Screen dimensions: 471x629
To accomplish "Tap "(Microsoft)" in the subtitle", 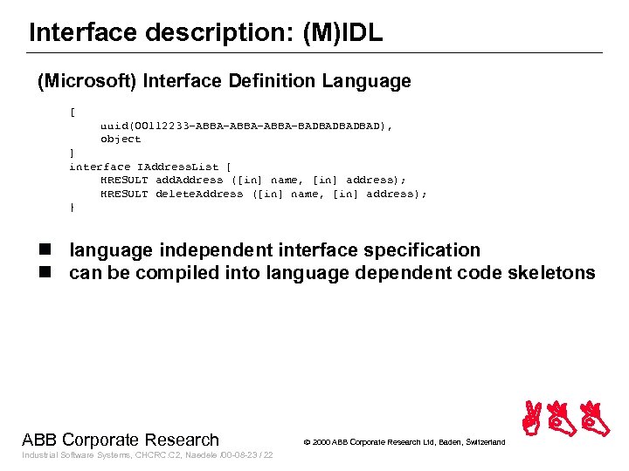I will pyautogui.click(x=86, y=82).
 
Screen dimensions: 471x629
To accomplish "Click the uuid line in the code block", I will pyautogui.click(x=245, y=126).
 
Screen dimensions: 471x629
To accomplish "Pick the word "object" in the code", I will pyautogui.click(x=120, y=140).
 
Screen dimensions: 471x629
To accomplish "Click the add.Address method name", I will pyautogui.click(x=189, y=181).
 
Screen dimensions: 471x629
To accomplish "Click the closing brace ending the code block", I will pyautogui.click(x=73, y=208).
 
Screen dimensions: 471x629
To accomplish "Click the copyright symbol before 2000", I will pyautogui.click(x=307, y=442).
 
